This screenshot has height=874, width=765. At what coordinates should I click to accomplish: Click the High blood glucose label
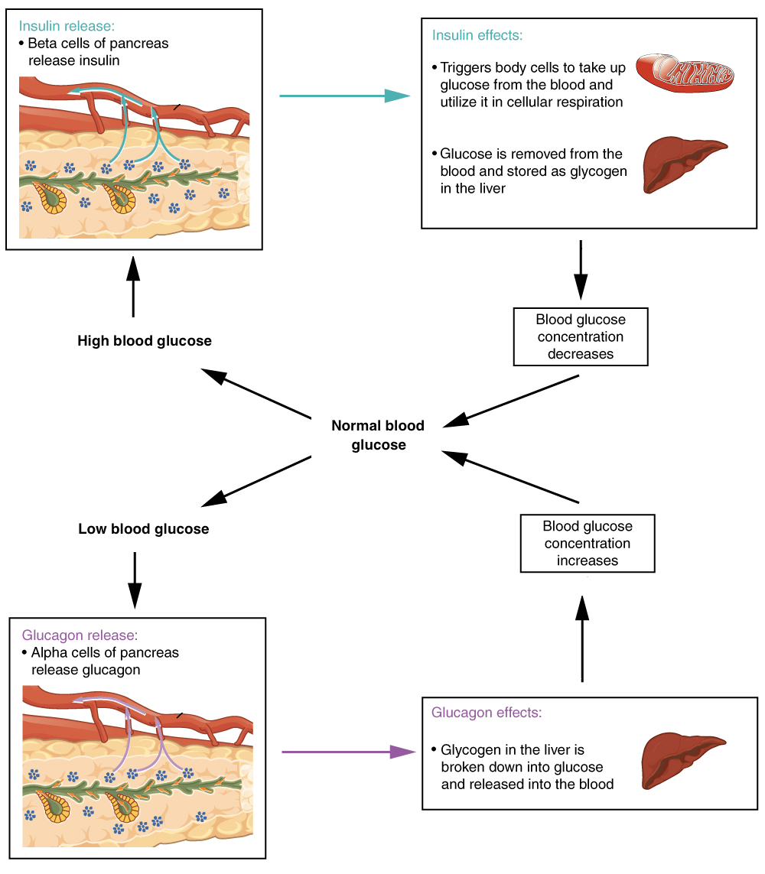[x=145, y=341]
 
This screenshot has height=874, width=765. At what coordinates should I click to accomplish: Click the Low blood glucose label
[x=144, y=529]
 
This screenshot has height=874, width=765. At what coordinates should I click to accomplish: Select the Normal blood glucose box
[x=378, y=435]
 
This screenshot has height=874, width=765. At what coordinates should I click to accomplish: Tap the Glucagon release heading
[x=80, y=635]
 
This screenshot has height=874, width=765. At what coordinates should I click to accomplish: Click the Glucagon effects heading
[x=487, y=713]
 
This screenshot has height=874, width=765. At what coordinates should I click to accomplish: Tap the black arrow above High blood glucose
[x=133, y=287]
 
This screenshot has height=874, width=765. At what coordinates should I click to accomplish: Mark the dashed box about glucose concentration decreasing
[x=581, y=336]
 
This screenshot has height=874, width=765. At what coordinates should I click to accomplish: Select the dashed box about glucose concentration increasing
[x=587, y=543]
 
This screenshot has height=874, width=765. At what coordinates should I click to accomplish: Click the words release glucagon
[x=86, y=670]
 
